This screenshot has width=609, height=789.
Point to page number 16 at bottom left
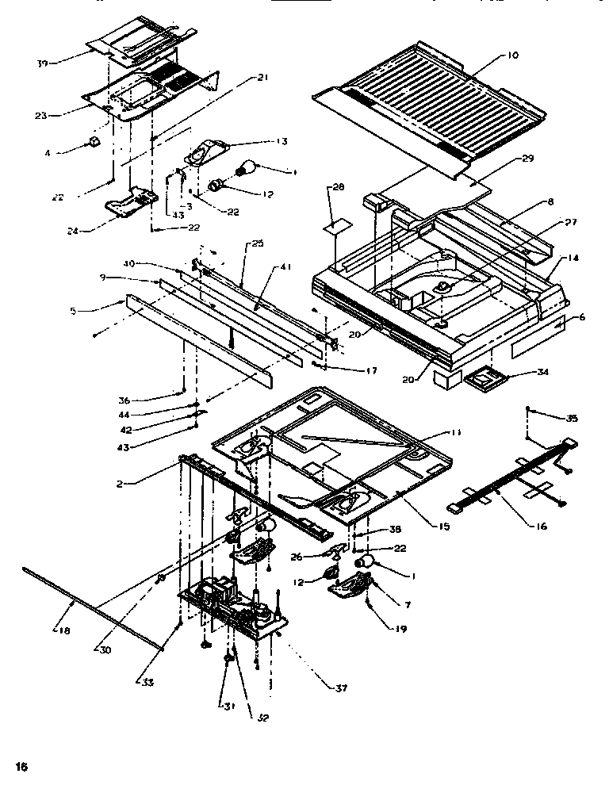[21, 766]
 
